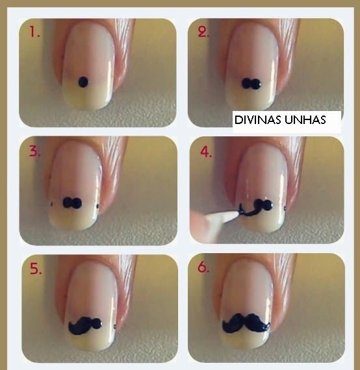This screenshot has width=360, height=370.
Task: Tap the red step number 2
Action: pyautogui.click(x=203, y=32)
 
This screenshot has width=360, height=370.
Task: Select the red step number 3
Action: pyautogui.click(x=34, y=151)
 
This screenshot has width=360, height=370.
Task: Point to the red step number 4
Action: pyautogui.click(x=206, y=151)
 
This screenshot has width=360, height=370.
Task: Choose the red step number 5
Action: pyautogui.click(x=36, y=269)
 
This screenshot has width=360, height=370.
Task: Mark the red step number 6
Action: pyautogui.click(x=203, y=267)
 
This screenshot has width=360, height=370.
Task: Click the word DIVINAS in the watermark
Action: pyautogui.click(x=258, y=120)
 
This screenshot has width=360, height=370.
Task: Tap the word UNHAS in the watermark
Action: pyautogui.click(x=305, y=120)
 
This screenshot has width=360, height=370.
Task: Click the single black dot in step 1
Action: pyautogui.click(x=83, y=82)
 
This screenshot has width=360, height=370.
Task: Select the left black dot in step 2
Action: pyautogui.click(x=247, y=84)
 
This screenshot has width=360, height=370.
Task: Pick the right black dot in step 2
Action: pyautogui.click(x=256, y=84)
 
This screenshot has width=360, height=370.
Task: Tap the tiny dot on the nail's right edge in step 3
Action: pyautogui.click(x=97, y=206)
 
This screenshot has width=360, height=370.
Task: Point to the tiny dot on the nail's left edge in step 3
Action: pyautogui.click(x=52, y=204)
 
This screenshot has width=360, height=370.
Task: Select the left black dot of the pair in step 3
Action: pyautogui.click(x=68, y=203)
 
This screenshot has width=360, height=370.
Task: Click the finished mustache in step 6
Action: pyautogui.click(x=246, y=323)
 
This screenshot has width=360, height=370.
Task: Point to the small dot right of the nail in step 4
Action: pyautogui.click(x=285, y=208)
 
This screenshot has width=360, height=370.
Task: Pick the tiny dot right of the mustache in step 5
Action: pyautogui.click(x=115, y=327)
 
